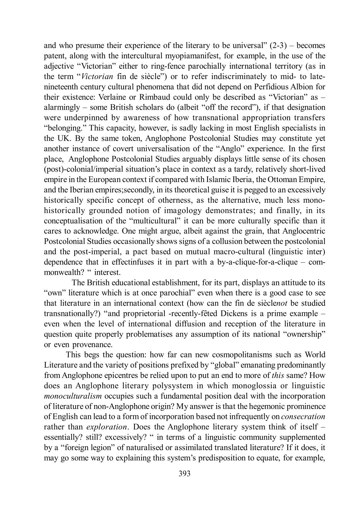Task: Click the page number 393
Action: coord(185,473)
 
